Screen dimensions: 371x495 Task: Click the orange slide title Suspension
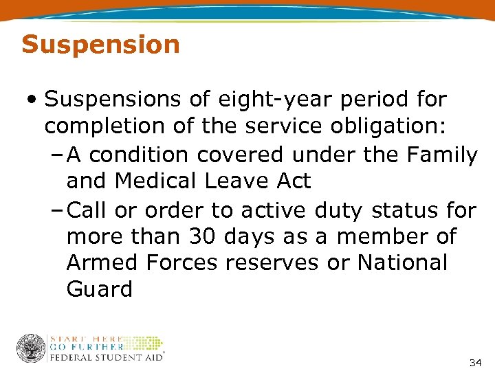point(100,45)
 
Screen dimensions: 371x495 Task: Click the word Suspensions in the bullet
point(113,100)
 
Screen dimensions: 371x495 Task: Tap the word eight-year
point(263,100)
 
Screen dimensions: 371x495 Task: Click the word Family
point(440,155)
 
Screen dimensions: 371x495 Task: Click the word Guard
point(100,289)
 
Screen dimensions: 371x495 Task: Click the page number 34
point(474,362)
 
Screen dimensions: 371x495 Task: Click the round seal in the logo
point(31,348)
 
